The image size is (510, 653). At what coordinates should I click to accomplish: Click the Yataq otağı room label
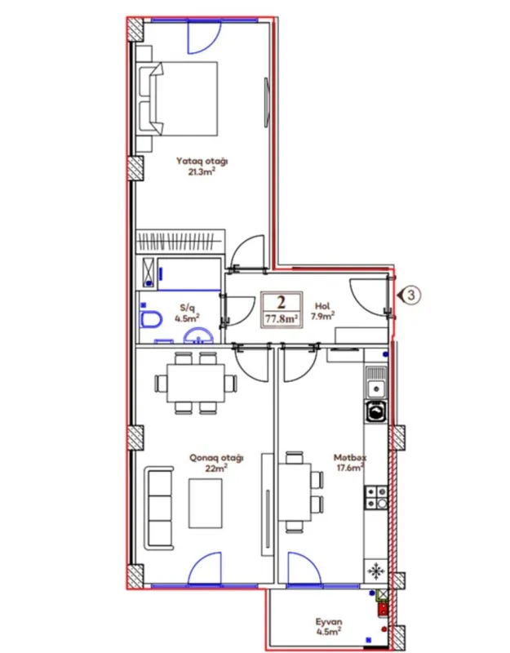(202, 161)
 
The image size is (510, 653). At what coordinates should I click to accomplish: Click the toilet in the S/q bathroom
(149, 320)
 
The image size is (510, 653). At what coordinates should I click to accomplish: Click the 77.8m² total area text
(280, 320)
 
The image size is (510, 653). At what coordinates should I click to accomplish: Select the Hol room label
(323, 309)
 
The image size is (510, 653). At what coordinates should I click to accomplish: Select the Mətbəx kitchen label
(349, 458)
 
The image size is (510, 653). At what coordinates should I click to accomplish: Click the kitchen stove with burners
(376, 497)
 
